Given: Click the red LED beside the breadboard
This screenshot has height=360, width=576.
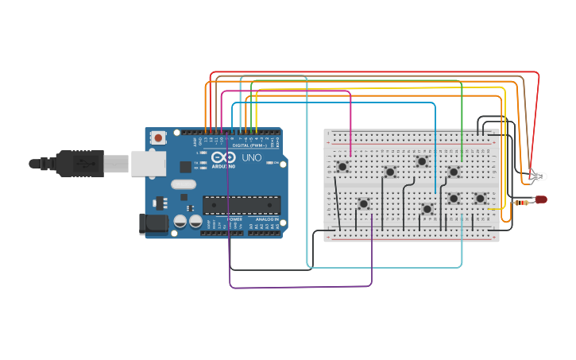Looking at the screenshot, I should (541, 199).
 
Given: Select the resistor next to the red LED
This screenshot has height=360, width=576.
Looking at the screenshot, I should (522, 203).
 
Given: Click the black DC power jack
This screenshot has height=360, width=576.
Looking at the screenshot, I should (153, 224).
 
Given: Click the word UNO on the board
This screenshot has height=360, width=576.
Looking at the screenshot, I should (251, 157).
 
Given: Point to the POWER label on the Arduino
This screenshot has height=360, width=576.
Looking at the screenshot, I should (234, 219).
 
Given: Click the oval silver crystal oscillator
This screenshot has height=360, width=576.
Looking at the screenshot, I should (184, 184).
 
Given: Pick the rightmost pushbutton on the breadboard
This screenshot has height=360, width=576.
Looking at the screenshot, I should (480, 198).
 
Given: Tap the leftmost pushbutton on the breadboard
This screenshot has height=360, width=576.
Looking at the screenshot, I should (342, 167).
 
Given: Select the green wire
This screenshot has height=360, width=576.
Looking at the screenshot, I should (462, 119).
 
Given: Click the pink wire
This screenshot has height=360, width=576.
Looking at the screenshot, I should (350, 119).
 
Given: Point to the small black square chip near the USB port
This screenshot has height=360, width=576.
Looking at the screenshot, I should (186, 167).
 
